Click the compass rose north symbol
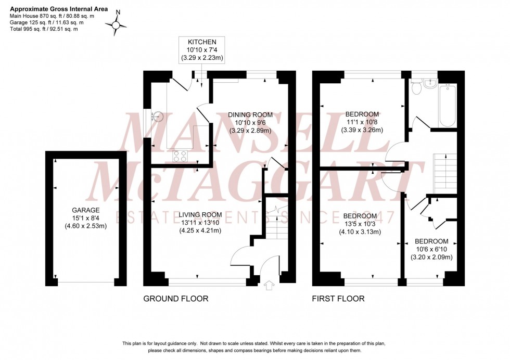coord(117,23)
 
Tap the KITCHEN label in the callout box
coord(202,41)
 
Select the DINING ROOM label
coord(251,114)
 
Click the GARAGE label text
coord(85,210)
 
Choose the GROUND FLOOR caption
coord(176,299)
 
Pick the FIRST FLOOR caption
coord(338,299)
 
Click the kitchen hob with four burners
coord(181,155)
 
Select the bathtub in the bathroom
coord(448,104)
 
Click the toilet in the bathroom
coord(416,89)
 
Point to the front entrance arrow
coord(269,285)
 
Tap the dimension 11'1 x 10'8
coord(362,122)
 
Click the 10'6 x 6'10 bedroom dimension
coord(431,249)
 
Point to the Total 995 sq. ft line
coord(44,29)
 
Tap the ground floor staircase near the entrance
coord(275,218)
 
